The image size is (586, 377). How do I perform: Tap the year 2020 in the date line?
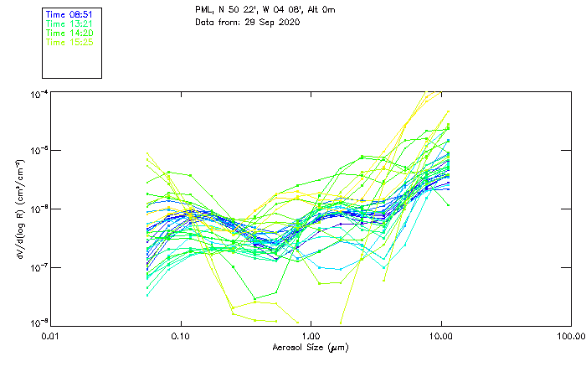click(x=289, y=22)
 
